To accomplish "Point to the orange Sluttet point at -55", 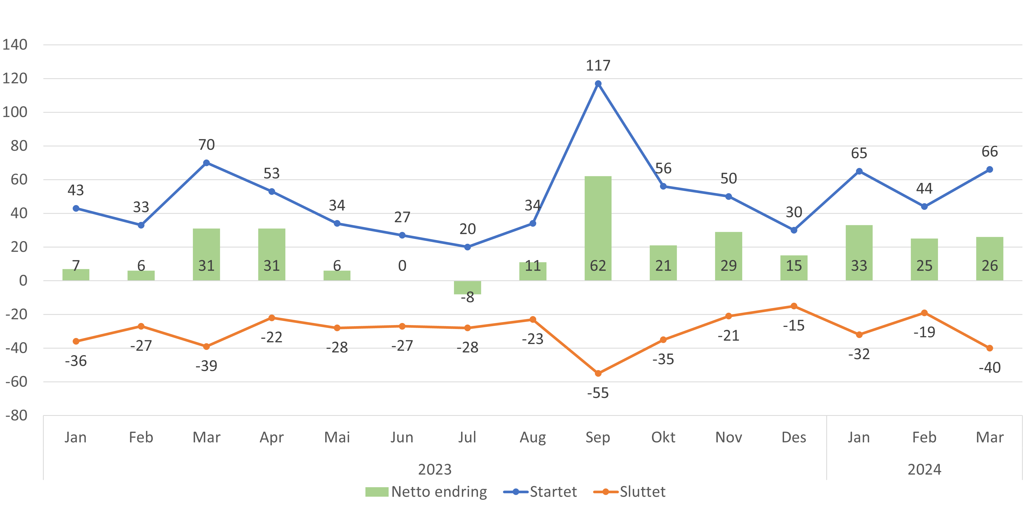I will point(598,373).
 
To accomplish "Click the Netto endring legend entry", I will point(426,492).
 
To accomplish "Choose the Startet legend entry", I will point(540,492).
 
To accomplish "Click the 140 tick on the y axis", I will point(15,44).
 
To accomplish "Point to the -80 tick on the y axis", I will point(16,415).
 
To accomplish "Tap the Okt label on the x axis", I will point(663,437).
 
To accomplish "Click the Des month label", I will point(794,437).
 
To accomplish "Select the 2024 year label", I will point(924,469).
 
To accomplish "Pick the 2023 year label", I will point(434,469).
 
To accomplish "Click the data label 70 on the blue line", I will point(207,144).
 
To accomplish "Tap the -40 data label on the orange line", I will point(990,367).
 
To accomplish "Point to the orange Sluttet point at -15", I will point(794,306).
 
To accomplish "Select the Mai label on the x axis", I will point(337,437).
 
